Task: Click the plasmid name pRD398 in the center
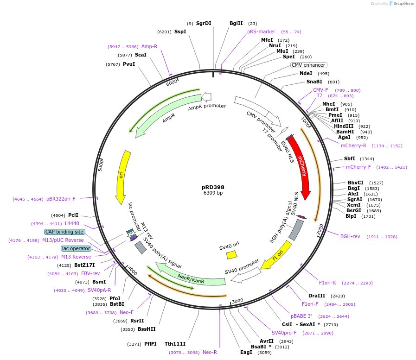(x=213, y=187)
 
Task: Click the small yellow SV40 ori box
(x=231, y=255)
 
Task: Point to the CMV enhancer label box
(x=308, y=65)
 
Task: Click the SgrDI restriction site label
(x=204, y=23)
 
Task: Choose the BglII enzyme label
(x=236, y=23)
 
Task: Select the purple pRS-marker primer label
(x=261, y=32)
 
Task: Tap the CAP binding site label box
(x=64, y=232)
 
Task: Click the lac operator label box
(x=76, y=248)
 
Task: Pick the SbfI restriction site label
(x=349, y=158)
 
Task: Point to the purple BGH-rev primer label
(x=350, y=236)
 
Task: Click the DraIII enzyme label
(x=317, y=296)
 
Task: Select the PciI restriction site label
(x=73, y=215)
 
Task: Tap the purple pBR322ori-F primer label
(x=61, y=199)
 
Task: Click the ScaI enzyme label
(x=141, y=55)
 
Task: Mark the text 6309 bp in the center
(x=213, y=193)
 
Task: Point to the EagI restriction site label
(x=246, y=352)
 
